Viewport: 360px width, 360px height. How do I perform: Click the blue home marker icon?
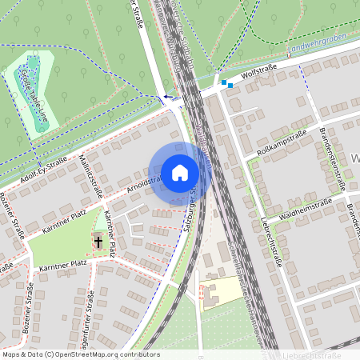(x=179, y=172)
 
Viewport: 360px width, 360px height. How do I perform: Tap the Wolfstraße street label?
(x=258, y=72)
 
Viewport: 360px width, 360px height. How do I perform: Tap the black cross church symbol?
(x=98, y=240)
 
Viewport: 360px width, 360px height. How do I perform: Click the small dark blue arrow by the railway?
(x=166, y=98)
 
